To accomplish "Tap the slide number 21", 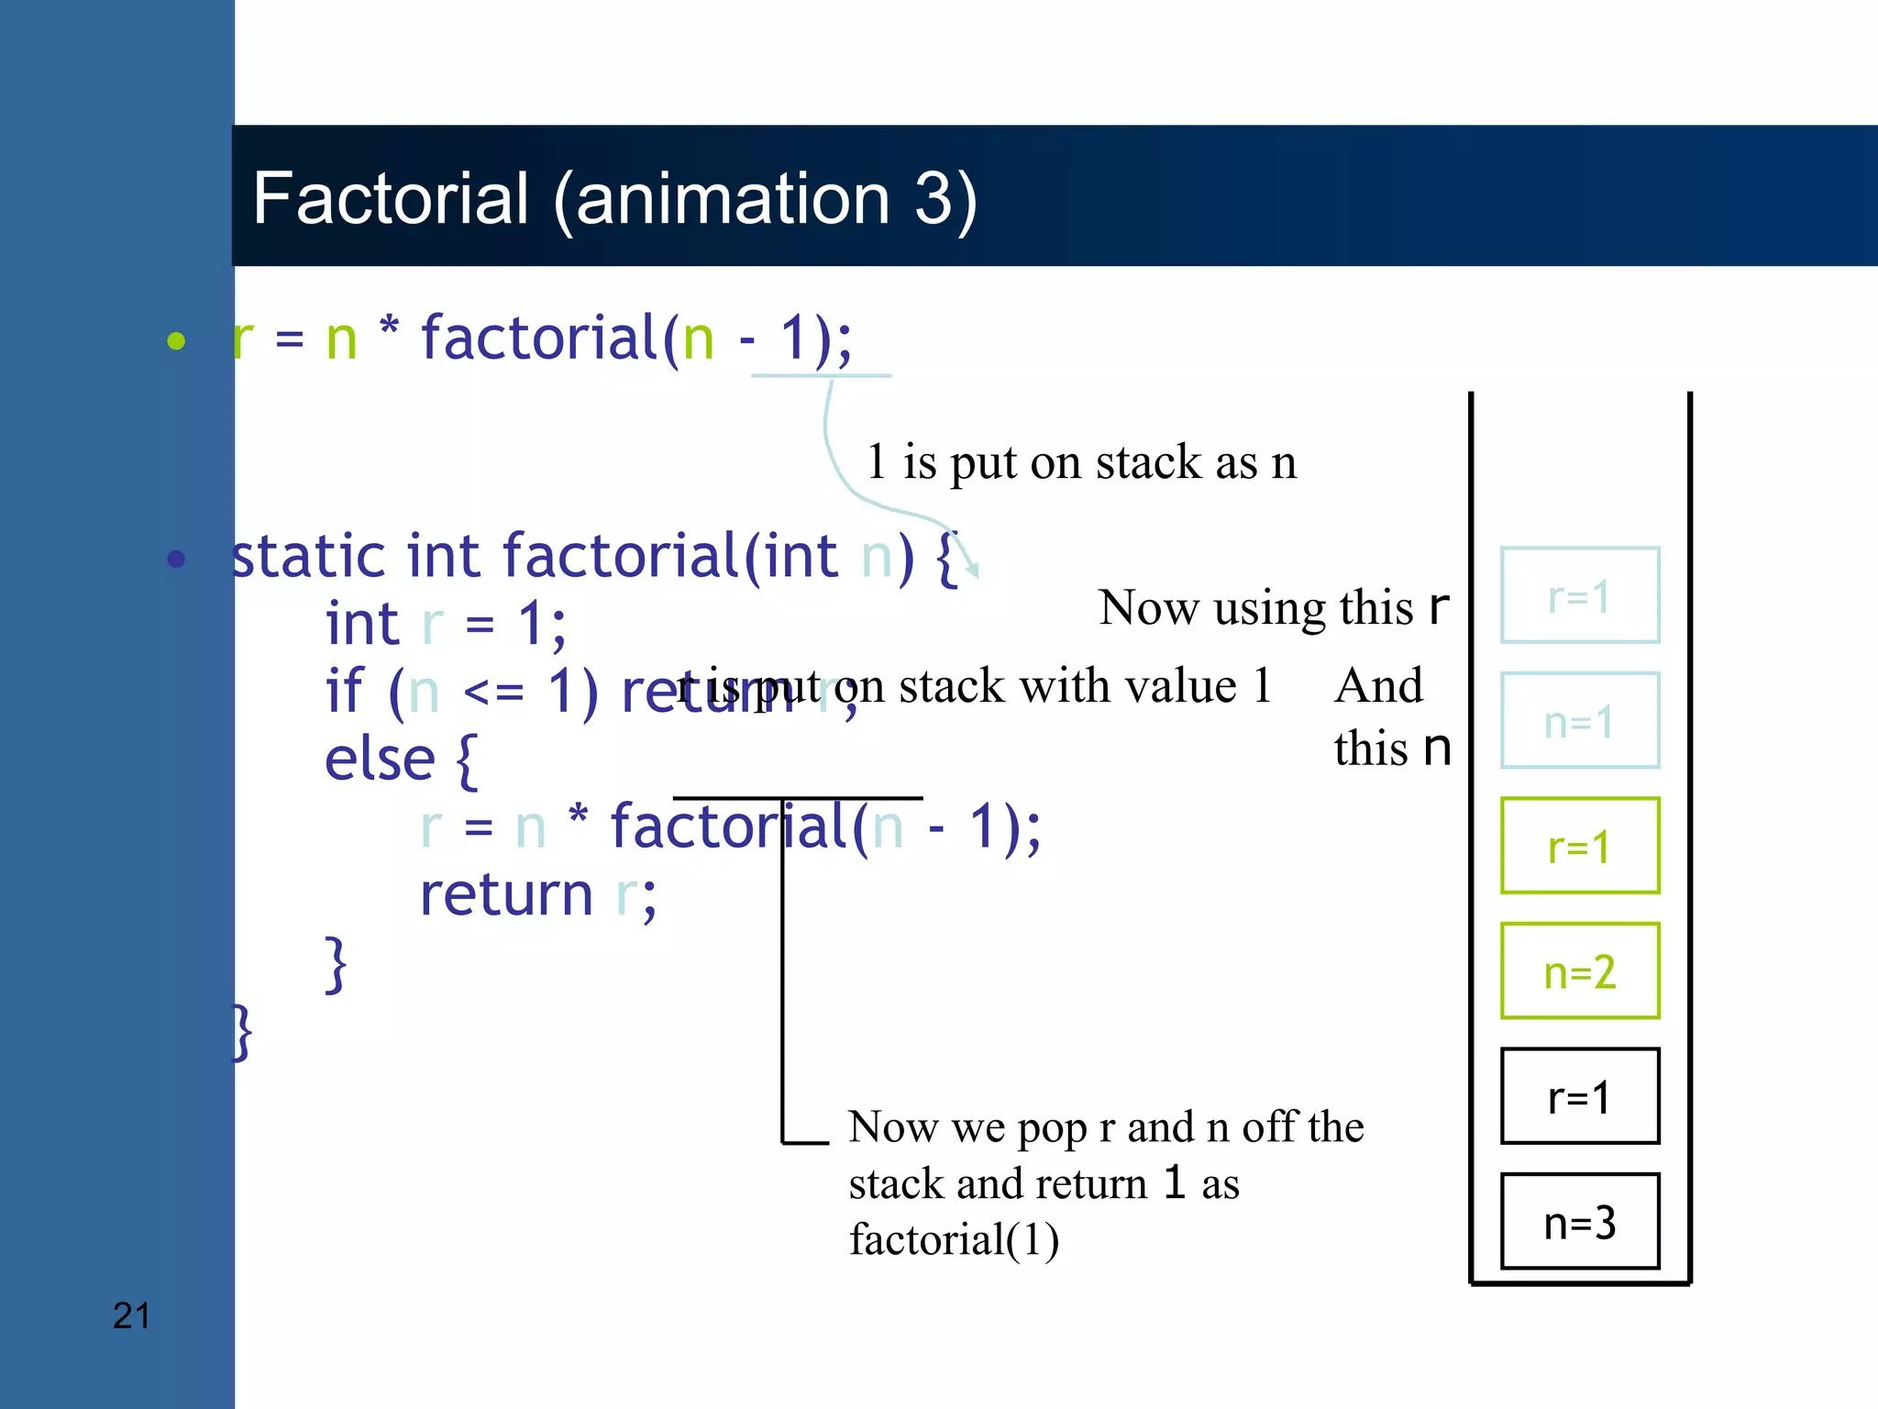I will click(131, 1315).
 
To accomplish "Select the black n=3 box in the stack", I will click(1580, 1221).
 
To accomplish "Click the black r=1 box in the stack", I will click(1580, 1096).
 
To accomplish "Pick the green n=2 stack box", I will click(1580, 971).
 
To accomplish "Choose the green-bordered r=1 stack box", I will click(1580, 846).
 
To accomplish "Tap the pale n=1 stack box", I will click(1580, 721).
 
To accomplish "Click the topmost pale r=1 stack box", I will click(1580, 595).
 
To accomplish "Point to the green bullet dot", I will click(176, 341).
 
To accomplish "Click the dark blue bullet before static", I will click(176, 559).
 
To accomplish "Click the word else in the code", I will click(380, 760).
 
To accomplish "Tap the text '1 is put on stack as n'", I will click(1082, 461).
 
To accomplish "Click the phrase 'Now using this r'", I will click(1274, 607).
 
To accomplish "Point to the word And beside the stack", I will click(1378, 686).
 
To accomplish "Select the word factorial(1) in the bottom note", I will click(954, 1239).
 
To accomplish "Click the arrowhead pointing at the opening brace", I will click(973, 569).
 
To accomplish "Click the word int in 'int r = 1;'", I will click(362, 625).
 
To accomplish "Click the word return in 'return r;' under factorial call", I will click(506, 895).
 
